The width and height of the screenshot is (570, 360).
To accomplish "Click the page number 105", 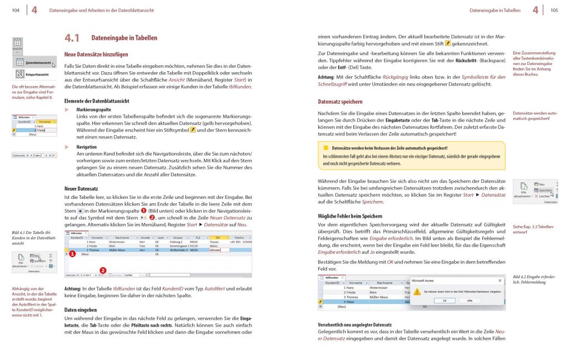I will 554,10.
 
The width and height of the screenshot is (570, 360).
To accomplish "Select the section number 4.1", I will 72,38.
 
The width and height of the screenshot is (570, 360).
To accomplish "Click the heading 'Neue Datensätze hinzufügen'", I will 96,54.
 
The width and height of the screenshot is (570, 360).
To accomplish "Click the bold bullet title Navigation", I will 87,147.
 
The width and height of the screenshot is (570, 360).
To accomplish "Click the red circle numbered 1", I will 72,253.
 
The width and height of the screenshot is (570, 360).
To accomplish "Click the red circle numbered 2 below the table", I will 102,271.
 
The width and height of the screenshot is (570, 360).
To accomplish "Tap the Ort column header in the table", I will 218,237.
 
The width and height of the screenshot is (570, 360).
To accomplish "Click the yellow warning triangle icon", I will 417,291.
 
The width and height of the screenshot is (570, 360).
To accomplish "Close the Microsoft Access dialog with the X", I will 499,281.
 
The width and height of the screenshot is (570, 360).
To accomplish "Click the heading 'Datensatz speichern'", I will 340,102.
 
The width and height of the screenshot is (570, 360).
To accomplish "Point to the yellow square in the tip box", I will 326,148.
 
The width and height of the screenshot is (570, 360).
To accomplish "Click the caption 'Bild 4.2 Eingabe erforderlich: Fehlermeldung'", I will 533,279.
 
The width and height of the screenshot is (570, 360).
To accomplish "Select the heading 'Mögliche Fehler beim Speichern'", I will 349,216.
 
